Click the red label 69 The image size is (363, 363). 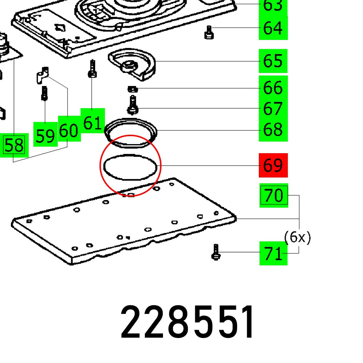273,165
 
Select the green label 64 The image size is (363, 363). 273,28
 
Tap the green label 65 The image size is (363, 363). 273,61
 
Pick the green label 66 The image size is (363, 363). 273,88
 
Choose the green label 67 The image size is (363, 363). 273,109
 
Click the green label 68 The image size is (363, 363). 273,130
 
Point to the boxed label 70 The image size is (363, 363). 274,195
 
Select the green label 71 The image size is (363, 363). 273,253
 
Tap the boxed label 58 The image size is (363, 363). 14,146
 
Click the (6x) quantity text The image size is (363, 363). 297,238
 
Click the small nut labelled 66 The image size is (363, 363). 132,89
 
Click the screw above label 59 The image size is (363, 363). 44,93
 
